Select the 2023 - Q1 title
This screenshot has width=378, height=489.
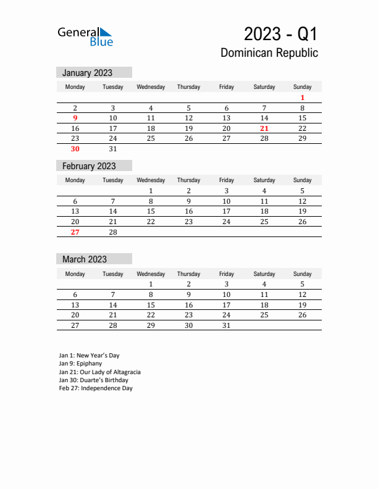[x=280, y=33]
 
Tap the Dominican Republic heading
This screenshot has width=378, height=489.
[x=269, y=53]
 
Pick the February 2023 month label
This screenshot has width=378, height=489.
[x=89, y=166]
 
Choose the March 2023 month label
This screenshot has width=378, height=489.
[x=85, y=259]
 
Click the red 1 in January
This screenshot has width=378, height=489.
[x=303, y=98]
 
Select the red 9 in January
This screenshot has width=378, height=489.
[x=75, y=118]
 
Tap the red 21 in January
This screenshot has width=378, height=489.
[x=264, y=128]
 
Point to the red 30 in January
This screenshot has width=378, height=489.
[x=75, y=149]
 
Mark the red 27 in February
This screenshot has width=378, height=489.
[x=75, y=232]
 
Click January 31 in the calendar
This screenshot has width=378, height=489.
[x=113, y=149]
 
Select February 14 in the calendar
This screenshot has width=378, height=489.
[x=113, y=211]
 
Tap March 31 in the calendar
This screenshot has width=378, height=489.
[x=227, y=325]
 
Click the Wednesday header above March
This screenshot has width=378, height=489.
[x=151, y=274]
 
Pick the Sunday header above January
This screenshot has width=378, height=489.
[x=303, y=87]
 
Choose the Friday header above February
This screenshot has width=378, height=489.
[x=227, y=180]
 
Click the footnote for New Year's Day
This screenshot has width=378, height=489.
[x=89, y=356]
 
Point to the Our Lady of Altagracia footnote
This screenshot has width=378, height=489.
[x=100, y=372]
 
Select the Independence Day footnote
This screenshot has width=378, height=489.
[x=96, y=388]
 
